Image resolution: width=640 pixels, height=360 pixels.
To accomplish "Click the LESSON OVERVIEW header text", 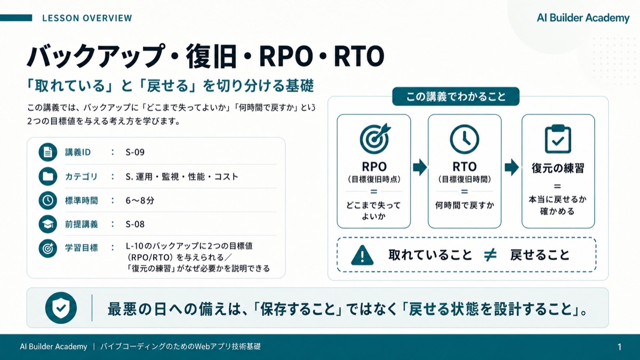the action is pos(87,18).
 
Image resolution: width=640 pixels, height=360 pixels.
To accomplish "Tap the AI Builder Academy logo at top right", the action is pos(583,18).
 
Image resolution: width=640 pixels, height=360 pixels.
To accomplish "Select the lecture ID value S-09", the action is pos(135,152).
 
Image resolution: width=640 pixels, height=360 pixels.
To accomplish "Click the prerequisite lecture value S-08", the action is pos(135,224).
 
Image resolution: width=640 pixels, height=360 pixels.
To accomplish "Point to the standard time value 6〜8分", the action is pos(140,201).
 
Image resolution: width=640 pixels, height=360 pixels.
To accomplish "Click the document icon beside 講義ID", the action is pos(47,152).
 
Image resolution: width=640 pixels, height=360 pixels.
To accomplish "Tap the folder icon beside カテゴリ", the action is pos(47,177).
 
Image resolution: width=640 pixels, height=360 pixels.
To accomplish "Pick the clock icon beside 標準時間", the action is pos(47,201).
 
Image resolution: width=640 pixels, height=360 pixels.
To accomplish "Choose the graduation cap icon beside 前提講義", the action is pos(47,225).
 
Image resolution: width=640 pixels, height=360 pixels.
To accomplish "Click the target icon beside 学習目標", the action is pos(47,249).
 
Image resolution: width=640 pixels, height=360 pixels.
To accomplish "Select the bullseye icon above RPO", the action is pos(374,139).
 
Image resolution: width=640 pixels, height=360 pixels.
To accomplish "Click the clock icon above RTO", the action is pos(465,139).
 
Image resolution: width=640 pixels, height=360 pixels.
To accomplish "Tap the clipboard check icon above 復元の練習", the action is pos(558,139).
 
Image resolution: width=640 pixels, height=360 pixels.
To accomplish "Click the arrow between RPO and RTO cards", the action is pos(420,167).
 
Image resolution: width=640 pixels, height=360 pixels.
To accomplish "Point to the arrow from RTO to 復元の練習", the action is pos(511,167).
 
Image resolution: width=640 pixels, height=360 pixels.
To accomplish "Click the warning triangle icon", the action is pos(362,255).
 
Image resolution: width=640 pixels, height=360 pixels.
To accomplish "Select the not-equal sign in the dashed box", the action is pos(490,255).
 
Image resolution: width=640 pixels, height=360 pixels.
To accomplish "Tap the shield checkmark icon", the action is pos(61,308).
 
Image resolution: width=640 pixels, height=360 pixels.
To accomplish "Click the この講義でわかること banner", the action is pos(455,97).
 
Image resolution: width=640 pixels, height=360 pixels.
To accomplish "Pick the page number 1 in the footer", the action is pos(619,347).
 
